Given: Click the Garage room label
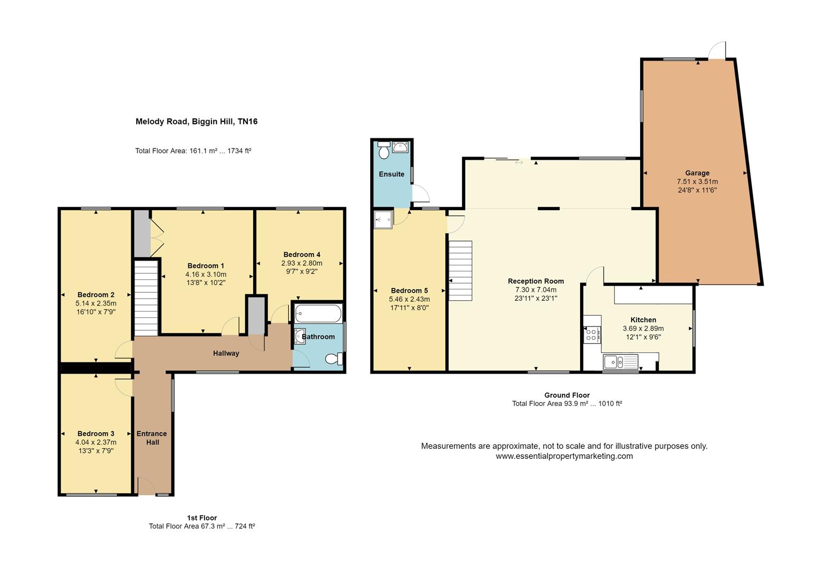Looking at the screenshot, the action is point(697,173).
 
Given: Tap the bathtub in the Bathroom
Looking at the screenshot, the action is point(318,314).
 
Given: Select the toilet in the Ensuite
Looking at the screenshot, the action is point(384,150).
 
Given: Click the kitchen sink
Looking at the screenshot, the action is point(620,362).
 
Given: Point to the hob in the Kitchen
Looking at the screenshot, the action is point(591,335).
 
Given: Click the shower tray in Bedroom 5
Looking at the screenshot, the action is point(383,219).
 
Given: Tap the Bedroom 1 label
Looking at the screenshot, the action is point(206,266).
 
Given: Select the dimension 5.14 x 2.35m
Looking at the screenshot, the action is point(96,303).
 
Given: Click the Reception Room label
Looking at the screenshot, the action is point(536,281).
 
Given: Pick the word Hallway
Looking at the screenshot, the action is point(226,353).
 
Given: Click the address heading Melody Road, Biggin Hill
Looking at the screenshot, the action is point(185,122).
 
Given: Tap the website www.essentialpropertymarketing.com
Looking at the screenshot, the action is point(564,456).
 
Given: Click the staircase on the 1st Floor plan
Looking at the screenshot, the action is point(146,298).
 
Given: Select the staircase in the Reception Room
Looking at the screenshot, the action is point(461,271).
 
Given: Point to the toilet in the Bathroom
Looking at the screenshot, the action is point(334,358).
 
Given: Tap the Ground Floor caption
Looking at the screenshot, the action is point(567,395).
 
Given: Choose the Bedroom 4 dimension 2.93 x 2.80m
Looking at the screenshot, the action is point(302,263).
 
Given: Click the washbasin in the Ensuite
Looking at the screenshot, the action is point(400,147).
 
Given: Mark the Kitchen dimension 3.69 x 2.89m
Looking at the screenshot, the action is point(643,329).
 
